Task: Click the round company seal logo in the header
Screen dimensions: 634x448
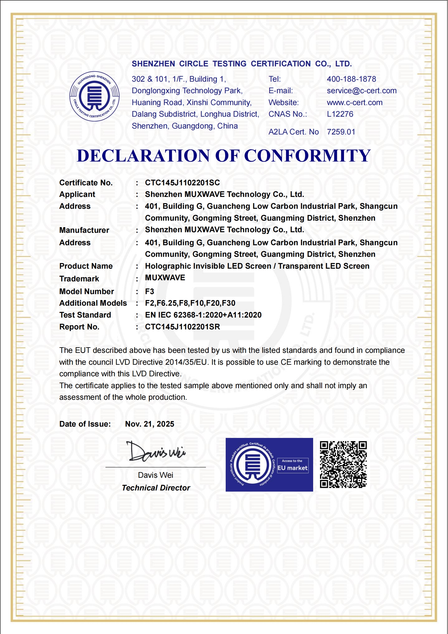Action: pyautogui.click(x=95, y=96)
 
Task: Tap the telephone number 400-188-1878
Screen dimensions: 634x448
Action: pyautogui.click(x=351, y=79)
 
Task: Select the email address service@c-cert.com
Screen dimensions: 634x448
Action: pyautogui.click(x=362, y=91)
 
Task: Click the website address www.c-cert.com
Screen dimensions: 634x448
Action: pyautogui.click(x=355, y=103)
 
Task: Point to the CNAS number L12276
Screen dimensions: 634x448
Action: pyautogui.click(x=340, y=114)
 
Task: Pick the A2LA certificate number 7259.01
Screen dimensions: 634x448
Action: pyautogui.click(x=341, y=132)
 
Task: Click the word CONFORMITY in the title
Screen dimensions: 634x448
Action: pyautogui.click(x=307, y=156)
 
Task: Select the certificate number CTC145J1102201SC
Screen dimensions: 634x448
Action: pyautogui.click(x=182, y=183)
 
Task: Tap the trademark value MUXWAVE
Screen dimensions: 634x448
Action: pyautogui.click(x=165, y=278)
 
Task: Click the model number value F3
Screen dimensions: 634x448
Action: pyautogui.click(x=150, y=291)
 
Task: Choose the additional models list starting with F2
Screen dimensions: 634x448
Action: pyautogui.click(x=190, y=303)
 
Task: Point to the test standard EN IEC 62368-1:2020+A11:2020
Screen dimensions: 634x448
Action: pyautogui.click(x=203, y=315)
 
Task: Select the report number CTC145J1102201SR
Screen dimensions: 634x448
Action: pyautogui.click(x=182, y=327)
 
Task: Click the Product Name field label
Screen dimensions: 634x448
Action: pyautogui.click(x=86, y=266)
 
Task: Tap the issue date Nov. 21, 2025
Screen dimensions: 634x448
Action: pyautogui.click(x=150, y=424)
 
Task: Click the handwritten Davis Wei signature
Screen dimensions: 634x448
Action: pyautogui.click(x=156, y=451)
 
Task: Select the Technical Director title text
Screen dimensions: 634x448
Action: pyautogui.click(x=156, y=488)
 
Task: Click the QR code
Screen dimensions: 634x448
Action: pyautogui.click(x=343, y=464)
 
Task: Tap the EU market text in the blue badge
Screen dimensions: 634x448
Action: pyautogui.click(x=293, y=468)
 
